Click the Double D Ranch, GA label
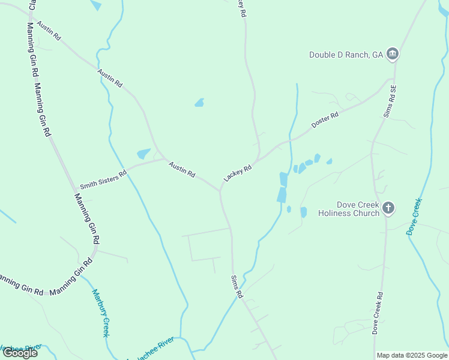[x=346, y=55]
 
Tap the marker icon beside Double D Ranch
[x=393, y=55]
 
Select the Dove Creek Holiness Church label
[x=349, y=209]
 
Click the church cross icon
[x=388, y=208]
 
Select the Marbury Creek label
[x=100, y=313]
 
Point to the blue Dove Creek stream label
[x=415, y=215]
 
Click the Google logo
[x=20, y=353]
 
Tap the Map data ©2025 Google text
[x=412, y=355]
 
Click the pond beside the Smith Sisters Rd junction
[x=143, y=154]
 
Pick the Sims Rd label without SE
[x=237, y=287]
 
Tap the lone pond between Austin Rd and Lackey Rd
[x=199, y=103]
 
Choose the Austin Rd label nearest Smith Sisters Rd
[x=181, y=169]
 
